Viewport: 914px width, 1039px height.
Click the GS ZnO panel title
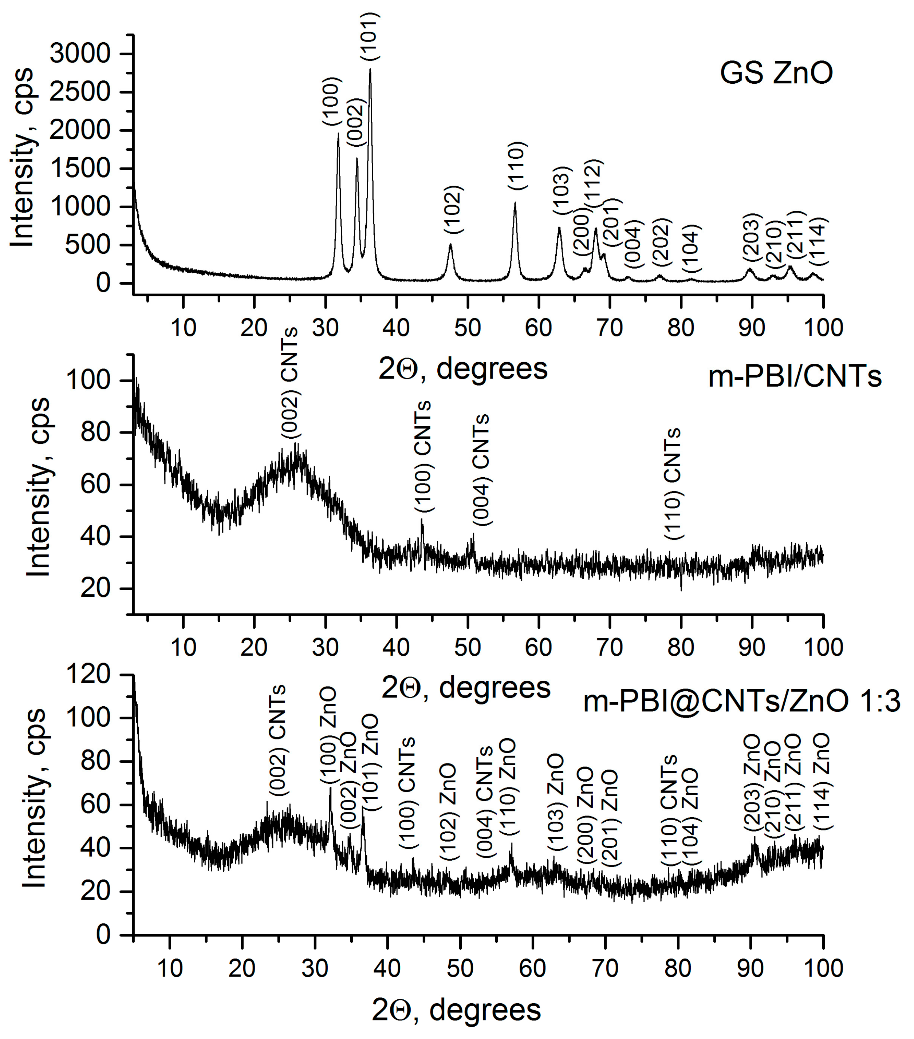[776, 73]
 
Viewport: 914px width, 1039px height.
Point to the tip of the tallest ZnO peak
[370, 70]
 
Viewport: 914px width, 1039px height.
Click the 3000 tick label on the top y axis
[80, 54]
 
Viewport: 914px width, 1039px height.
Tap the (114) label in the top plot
[819, 241]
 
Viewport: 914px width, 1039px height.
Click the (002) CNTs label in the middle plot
[290, 382]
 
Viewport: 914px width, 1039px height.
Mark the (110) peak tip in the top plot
[515, 203]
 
